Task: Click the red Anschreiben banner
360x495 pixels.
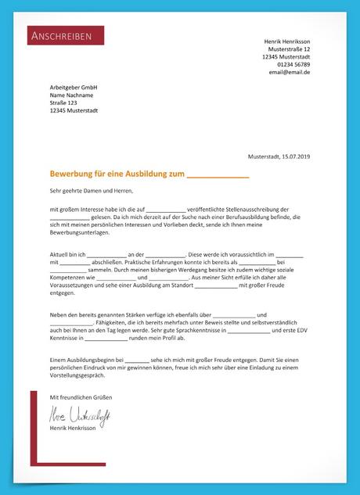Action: tap(66, 35)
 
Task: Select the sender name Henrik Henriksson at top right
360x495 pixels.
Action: tap(287, 41)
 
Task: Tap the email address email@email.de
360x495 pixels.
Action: tap(290, 72)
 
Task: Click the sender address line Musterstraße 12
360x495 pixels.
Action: tap(289, 48)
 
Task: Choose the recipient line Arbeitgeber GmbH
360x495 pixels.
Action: tap(73, 87)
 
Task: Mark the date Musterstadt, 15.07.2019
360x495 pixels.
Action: tap(279, 157)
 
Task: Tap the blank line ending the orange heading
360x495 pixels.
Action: tap(218, 176)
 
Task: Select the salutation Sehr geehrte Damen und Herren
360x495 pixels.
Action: tap(92, 190)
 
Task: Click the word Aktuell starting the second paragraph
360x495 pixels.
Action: tap(60, 255)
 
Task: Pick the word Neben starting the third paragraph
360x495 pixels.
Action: tap(59, 314)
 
